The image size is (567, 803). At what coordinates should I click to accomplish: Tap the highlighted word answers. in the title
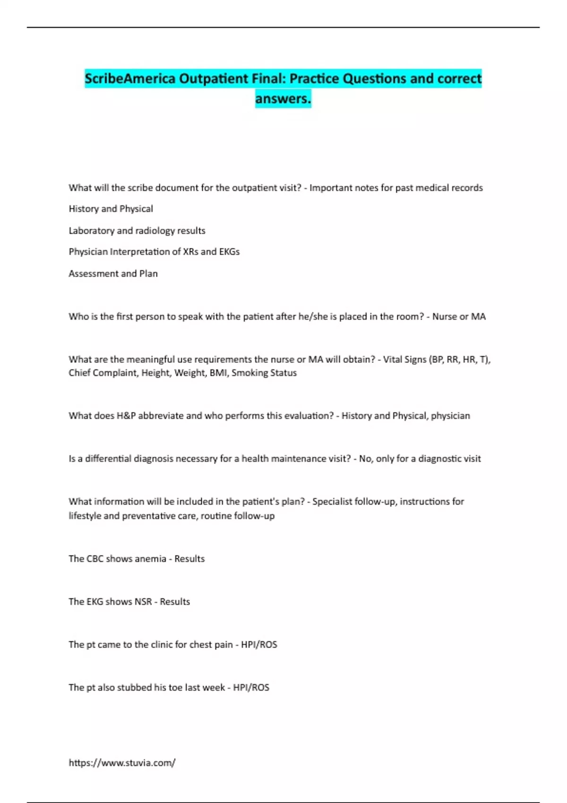[x=283, y=99]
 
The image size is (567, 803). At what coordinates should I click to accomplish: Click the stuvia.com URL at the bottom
[x=122, y=762]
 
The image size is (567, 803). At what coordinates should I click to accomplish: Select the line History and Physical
[x=111, y=209]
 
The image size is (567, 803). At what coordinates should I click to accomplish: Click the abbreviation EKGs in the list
[x=229, y=252]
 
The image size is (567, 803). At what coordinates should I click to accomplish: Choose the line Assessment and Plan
[x=113, y=273]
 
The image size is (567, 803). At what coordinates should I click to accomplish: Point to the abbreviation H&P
[x=126, y=416]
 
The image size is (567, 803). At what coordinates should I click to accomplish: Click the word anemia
[x=151, y=559]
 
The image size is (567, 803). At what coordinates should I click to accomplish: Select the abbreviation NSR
[x=143, y=602]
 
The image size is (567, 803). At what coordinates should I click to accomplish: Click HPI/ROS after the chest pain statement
[x=259, y=645]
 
